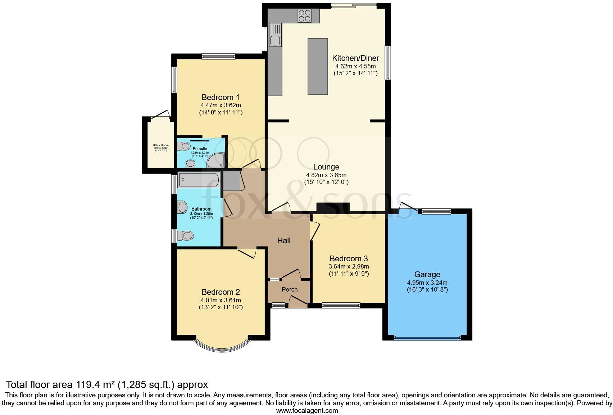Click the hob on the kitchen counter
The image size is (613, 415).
click(304, 15)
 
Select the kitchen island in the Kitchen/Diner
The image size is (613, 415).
click(318, 67)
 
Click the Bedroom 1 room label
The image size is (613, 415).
click(221, 97)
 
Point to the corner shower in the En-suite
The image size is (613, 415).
click(217, 161)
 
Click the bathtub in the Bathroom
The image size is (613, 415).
click(199, 180)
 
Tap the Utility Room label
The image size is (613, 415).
click(161, 145)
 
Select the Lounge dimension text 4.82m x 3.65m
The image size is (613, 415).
click(326, 175)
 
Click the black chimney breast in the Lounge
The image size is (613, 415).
click(333, 208)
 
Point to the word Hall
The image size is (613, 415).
click(284, 240)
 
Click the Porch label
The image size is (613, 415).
click(290, 289)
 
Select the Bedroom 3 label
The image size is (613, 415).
click(349, 258)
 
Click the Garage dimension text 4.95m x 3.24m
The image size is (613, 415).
click(427, 283)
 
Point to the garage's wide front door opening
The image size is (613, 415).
click(427, 338)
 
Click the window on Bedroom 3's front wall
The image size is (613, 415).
click(341, 306)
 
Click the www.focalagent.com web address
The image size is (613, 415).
click(307, 410)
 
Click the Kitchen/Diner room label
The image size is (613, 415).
click(355, 58)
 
